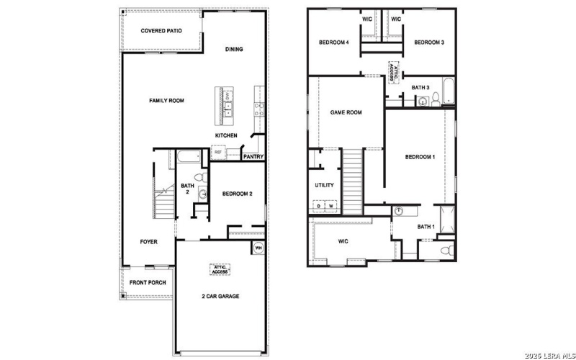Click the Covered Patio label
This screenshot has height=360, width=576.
(161, 31)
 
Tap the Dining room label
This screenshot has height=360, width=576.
(234, 50)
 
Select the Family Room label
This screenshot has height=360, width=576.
(167, 101)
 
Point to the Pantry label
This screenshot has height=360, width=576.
(253, 156)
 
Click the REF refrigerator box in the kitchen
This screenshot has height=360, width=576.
(217, 153)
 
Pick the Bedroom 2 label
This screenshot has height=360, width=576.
(237, 194)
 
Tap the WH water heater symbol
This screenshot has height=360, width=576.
(258, 248)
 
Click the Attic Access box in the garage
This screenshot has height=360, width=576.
(220, 269)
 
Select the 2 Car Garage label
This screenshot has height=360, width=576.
(220, 296)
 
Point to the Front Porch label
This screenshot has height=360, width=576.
(148, 282)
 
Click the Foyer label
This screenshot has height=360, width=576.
(148, 242)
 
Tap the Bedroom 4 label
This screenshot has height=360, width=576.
(334, 42)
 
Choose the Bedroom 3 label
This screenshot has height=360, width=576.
(429, 42)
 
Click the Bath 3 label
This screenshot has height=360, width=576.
(420, 88)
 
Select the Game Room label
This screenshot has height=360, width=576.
(346, 112)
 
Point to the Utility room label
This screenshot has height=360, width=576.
(325, 185)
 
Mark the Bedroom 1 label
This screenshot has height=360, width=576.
(420, 157)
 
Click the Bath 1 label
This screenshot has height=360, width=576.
(426, 227)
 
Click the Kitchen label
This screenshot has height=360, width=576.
(226, 135)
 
